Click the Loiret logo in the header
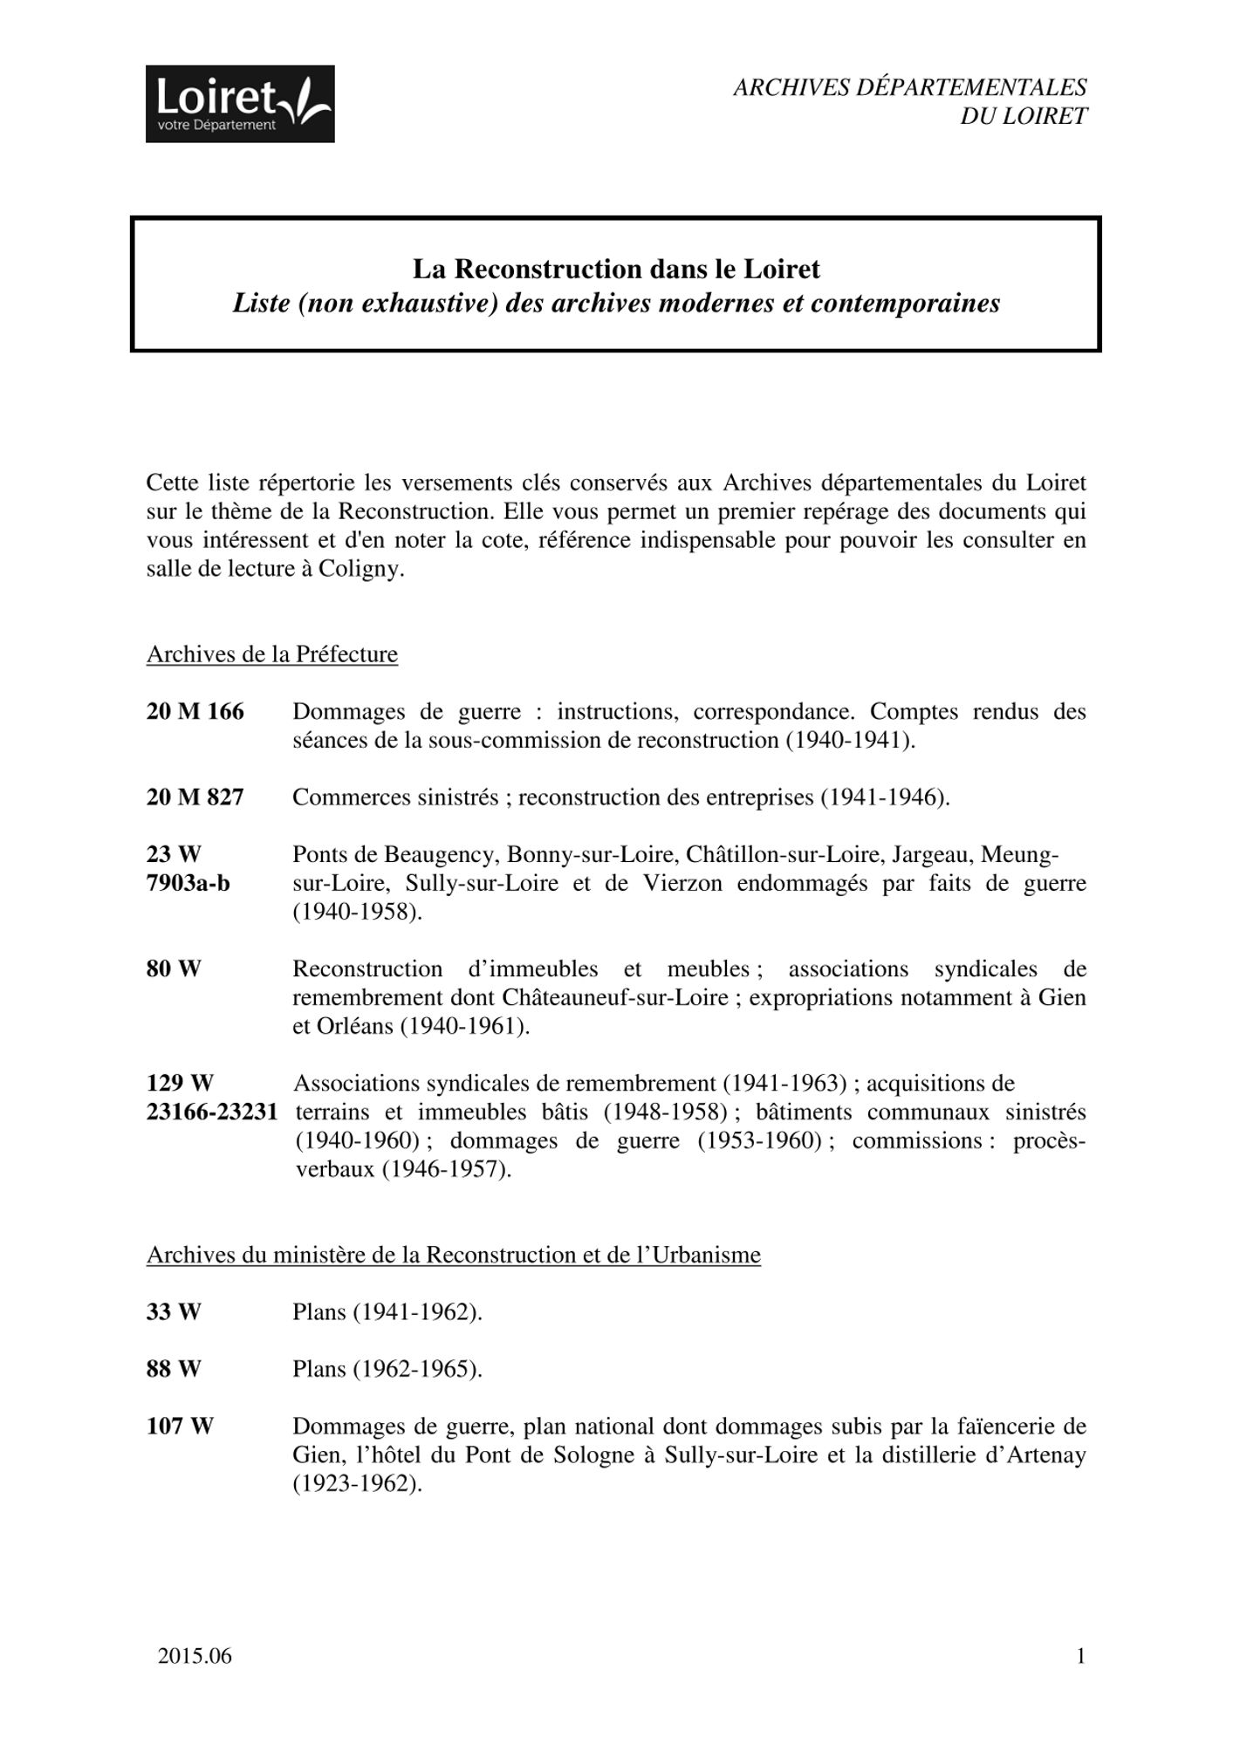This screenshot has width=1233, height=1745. point(240,104)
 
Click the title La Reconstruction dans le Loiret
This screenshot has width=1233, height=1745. point(616,269)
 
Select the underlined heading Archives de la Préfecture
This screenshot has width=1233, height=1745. point(272,654)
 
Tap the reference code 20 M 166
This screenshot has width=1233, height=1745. point(195,712)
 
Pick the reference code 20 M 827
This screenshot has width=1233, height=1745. point(195,797)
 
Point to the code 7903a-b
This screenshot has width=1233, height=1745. point(188,883)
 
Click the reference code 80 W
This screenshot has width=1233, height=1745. point(174,968)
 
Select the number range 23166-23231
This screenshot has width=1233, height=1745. point(212,1112)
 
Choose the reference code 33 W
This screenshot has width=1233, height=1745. point(174,1312)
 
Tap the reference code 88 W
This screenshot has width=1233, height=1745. point(174,1369)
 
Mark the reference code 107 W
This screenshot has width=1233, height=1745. point(180,1427)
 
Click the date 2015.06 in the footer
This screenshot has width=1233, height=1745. point(195,1656)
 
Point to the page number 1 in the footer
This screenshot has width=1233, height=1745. point(1081,1656)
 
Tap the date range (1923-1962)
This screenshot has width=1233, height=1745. point(358,1483)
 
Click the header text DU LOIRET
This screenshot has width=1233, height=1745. point(1024,116)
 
